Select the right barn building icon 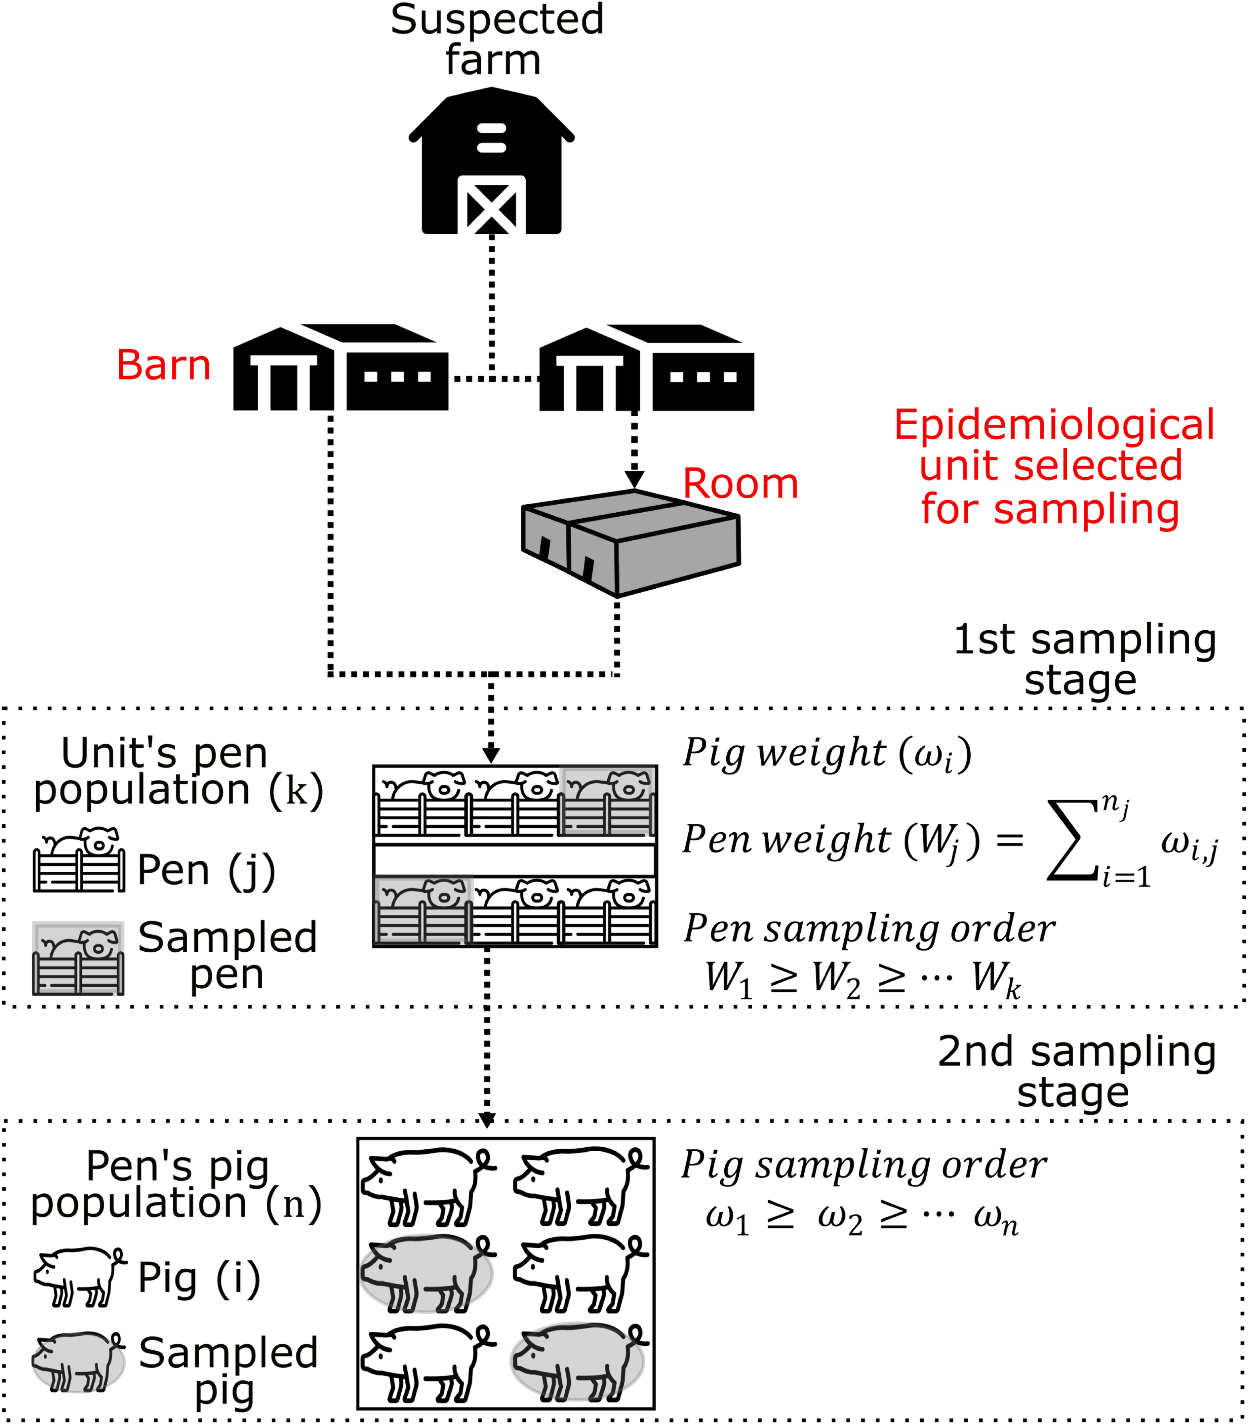click(646, 368)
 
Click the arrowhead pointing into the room click(634, 479)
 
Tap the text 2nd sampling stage click(1076, 1071)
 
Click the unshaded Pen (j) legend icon click(80, 861)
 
